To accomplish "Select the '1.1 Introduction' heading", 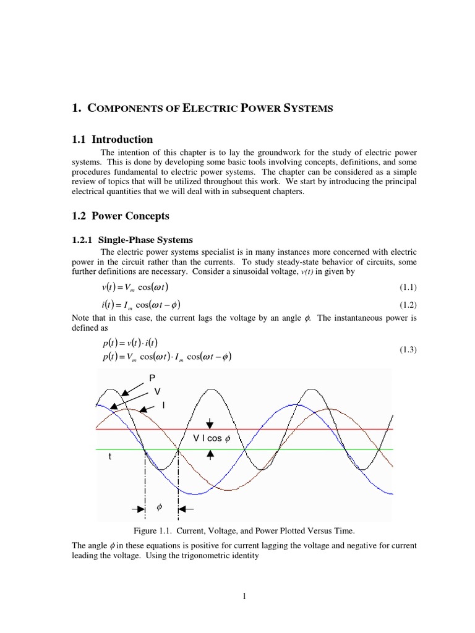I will [113, 139].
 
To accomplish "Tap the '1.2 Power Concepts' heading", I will [121, 216].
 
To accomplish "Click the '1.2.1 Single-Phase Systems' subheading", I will [133, 240].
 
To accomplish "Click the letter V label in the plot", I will [157, 391].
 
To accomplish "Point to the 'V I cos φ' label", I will [211, 438].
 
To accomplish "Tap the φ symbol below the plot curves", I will [159, 506].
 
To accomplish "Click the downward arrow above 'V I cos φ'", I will [211, 423].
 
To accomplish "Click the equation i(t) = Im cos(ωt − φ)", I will [142, 305].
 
